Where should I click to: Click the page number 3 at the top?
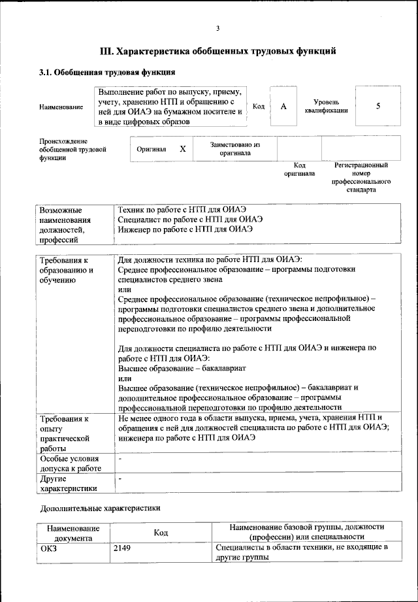coord(217,27)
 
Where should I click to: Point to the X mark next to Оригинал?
coord(183,149)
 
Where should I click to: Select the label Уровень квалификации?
coord(326,107)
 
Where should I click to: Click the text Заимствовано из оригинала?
coord(235,149)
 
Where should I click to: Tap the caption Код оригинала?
coord(299,169)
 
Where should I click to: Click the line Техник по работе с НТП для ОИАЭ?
coord(182,210)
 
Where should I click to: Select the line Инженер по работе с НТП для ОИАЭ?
coord(185,229)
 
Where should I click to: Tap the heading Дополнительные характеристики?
coord(100,507)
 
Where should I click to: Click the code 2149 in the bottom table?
coord(122,547)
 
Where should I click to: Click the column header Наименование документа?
coord(73,532)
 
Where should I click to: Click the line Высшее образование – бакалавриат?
coord(172,368)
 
